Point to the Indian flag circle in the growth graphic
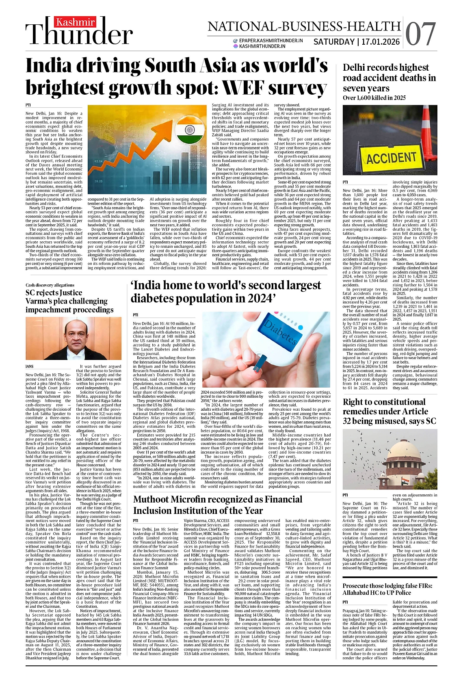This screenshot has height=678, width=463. pos(190,131)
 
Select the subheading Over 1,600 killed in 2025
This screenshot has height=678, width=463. pos(374,98)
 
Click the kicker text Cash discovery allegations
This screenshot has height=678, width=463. pos(50,285)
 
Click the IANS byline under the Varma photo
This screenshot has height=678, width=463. pos(29,367)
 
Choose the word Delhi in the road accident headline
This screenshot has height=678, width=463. pos(355,68)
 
